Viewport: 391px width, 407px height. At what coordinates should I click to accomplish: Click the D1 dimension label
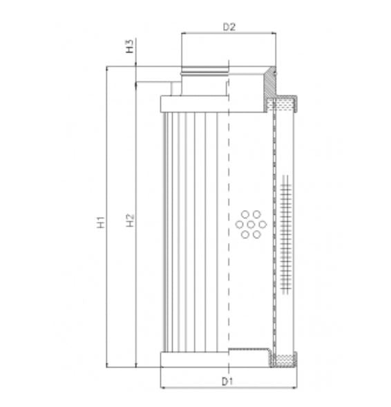tap(227, 381)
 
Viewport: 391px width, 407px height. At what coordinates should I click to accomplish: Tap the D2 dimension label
tap(229, 28)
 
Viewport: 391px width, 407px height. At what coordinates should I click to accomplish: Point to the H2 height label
tap(129, 222)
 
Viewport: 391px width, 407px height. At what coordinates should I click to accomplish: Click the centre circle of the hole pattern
tap(250, 224)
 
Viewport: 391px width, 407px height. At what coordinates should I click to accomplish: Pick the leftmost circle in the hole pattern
tap(239, 224)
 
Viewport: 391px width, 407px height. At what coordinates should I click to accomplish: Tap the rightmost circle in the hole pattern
tap(261, 224)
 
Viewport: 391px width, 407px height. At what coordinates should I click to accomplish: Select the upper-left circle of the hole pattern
tap(245, 214)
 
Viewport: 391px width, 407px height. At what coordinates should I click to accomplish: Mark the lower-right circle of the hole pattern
tap(256, 234)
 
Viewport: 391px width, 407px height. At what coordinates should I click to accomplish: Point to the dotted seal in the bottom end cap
tap(284, 359)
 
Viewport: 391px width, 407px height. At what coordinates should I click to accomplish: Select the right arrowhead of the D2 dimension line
tap(274, 35)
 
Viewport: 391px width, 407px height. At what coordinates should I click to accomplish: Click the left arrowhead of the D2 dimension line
tap(183, 35)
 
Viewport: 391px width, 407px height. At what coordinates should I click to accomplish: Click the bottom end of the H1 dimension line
tap(107, 366)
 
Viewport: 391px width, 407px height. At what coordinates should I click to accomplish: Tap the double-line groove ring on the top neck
tap(204, 71)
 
